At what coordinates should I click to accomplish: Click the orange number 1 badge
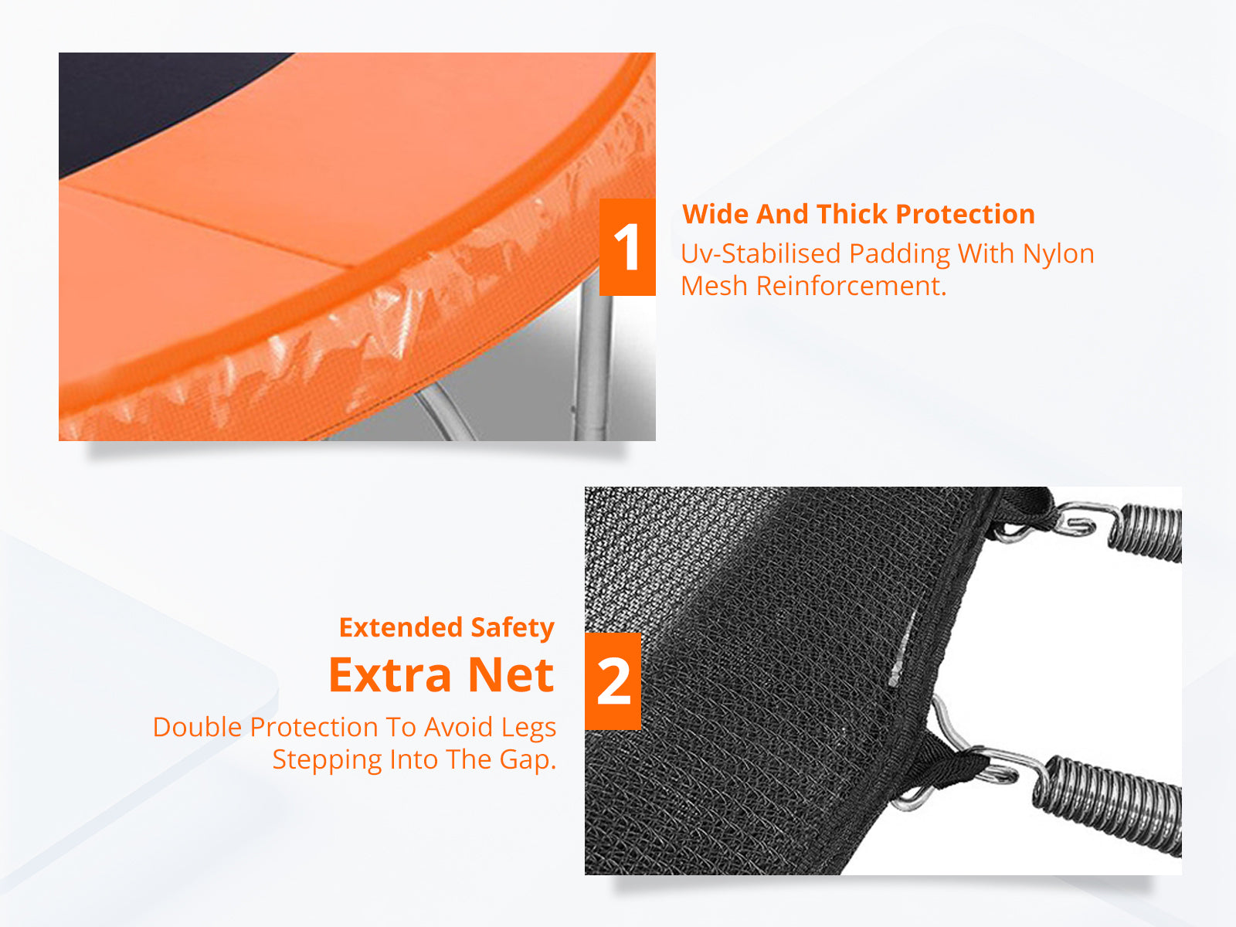[627, 247]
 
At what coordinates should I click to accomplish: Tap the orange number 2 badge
[613, 681]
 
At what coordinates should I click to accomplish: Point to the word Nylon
[1058, 253]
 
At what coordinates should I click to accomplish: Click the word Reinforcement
[851, 286]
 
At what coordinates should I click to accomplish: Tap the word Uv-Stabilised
[760, 253]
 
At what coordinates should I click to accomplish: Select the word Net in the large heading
[511, 675]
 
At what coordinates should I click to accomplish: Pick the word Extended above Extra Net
[400, 627]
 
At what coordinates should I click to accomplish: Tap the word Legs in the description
[528, 728]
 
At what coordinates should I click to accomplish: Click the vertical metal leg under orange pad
[594, 363]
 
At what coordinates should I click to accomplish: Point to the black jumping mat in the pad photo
[154, 100]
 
